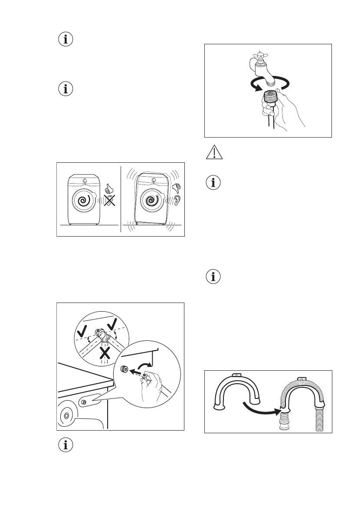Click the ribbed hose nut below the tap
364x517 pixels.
271,96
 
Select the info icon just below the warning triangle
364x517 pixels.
213,183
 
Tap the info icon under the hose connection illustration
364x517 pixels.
66,445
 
